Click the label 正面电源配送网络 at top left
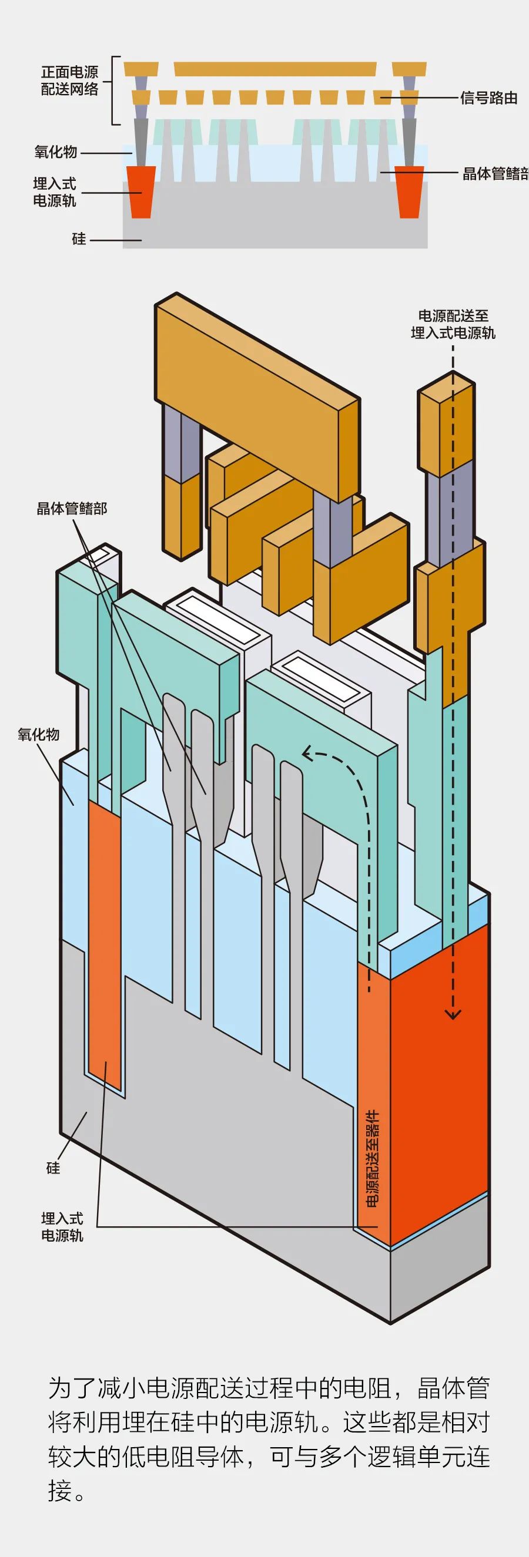69,81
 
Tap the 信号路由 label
488,98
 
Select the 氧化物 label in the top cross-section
56,152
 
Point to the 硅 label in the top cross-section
79,239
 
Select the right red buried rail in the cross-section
409,192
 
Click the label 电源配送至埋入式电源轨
453,325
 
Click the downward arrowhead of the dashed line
453,1015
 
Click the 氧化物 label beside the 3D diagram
39,734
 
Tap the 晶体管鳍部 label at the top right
494,174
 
